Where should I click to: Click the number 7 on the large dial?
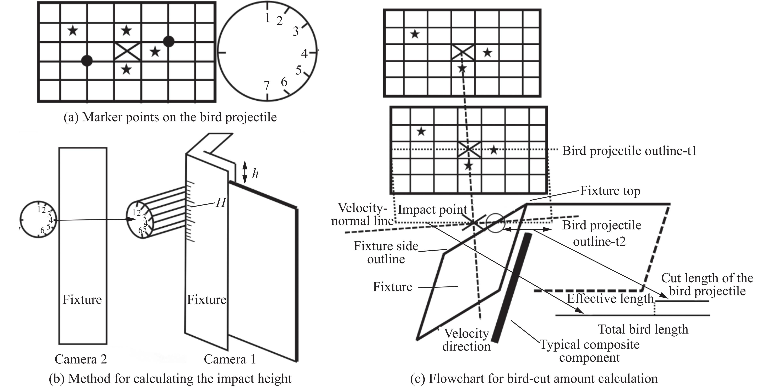pos(267,86)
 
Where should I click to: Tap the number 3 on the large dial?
pos(296,31)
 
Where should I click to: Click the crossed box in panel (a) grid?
pos(128,52)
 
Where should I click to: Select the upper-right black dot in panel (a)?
pos(169,42)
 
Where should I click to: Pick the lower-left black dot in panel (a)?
pos(87,61)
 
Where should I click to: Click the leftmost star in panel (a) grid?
pos(73,30)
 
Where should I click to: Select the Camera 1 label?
pos(230,359)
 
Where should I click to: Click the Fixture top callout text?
pos(610,191)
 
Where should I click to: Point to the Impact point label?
pos(433,210)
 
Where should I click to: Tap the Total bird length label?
pos(643,329)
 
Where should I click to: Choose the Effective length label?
pos(610,298)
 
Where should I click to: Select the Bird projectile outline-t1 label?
pos(630,151)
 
